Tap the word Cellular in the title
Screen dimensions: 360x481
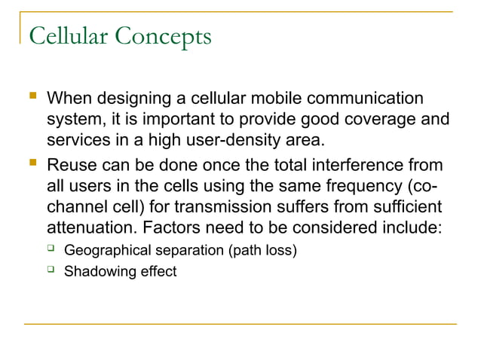[66, 36]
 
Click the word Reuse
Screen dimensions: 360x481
[72, 165]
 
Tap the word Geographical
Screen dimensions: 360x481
[109, 250]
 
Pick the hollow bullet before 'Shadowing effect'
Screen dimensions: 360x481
[51, 270]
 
